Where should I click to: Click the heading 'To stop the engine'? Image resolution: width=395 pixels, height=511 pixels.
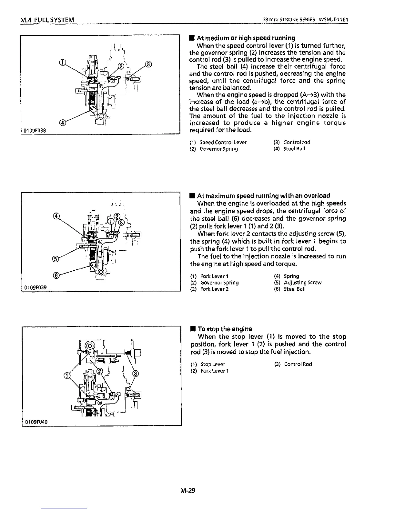[x=225, y=329]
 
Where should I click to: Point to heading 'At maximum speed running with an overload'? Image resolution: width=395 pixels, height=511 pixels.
[x=263, y=195]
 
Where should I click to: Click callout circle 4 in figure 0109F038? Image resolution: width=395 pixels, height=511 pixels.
[x=63, y=123]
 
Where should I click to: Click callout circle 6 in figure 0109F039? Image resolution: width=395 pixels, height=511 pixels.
[x=57, y=275]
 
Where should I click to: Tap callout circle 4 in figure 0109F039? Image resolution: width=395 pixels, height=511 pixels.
[x=56, y=216]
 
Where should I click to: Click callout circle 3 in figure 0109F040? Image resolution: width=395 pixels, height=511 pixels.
[x=135, y=374]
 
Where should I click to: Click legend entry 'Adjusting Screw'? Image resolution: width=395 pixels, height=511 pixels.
[x=302, y=283]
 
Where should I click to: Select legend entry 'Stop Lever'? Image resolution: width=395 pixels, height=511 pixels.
[x=213, y=364]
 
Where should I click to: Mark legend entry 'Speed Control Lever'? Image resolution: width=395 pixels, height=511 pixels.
[x=223, y=142]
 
